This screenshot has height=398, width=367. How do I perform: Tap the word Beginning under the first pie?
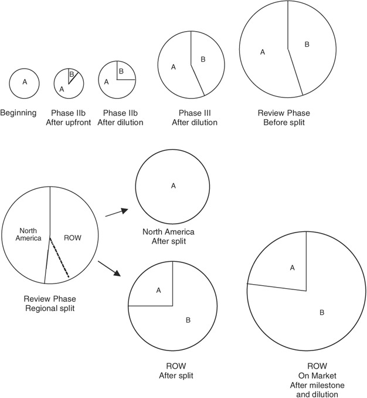pos(18,113)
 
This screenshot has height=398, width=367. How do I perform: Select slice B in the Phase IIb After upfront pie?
pos(72,75)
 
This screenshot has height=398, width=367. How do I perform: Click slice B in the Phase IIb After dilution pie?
pos(121,72)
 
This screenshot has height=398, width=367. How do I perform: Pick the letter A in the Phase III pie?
pos(174,67)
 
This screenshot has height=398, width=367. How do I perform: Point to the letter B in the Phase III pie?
pos(203,59)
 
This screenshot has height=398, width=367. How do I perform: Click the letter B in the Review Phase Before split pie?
pos(307,44)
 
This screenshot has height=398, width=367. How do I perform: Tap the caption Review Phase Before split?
pos(284,117)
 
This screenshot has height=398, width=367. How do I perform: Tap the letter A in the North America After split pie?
pos(174,185)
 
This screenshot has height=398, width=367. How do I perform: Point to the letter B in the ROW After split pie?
pos(188,321)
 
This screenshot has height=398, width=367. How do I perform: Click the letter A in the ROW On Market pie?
pos(293,268)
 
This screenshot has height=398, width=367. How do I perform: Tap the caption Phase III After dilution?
pos(195,117)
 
